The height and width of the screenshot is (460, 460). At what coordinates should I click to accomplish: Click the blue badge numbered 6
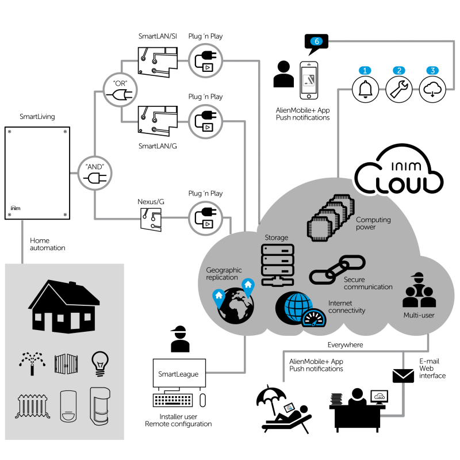coord(316,41)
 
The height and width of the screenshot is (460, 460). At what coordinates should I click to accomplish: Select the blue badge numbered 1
coord(365,71)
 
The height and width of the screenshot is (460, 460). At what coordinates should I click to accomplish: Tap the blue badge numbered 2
coord(399,71)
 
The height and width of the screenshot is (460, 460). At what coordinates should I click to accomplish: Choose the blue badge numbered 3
coord(432,71)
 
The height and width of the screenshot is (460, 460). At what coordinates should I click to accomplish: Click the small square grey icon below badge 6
coord(309,80)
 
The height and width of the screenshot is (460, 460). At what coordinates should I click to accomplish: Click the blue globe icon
coord(297,306)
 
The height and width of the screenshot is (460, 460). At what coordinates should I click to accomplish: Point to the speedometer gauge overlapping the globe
coord(314,318)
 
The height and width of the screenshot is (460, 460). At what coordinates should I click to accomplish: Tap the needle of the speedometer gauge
coord(314,322)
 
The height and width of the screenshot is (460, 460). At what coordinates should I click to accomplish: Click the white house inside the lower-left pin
coord(218,295)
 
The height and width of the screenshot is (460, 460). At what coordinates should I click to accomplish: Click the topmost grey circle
coord(205,60)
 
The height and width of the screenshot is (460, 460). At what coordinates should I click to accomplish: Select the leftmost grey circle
coord(95,173)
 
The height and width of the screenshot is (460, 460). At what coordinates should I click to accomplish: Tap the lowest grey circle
coord(205,218)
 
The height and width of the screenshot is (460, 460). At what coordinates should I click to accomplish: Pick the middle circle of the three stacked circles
coord(205,121)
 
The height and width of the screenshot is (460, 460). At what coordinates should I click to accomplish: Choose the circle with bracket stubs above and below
coord(120,90)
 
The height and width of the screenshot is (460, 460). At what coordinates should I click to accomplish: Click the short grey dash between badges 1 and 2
coord(382,89)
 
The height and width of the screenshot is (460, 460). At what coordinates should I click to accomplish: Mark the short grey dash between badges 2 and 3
coord(416,89)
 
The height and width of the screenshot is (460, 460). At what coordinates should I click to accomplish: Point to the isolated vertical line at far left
coord(22,241)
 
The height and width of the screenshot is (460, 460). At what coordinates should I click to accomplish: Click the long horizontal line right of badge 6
coord(391,41)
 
